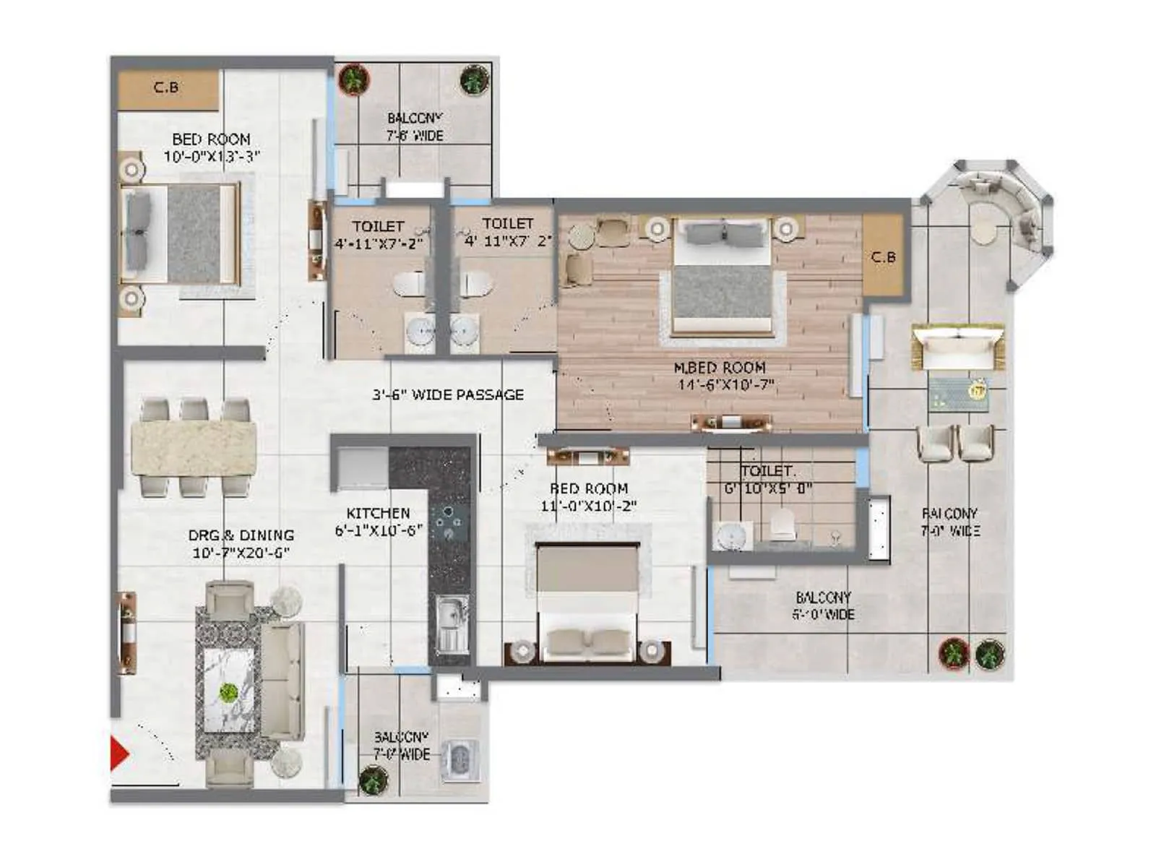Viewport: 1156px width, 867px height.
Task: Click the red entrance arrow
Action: [x=118, y=754]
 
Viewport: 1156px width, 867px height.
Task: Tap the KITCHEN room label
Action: [x=378, y=513]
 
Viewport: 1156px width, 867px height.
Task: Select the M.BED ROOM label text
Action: [x=719, y=368]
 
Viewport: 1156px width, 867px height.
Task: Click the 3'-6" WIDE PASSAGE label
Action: [x=448, y=394]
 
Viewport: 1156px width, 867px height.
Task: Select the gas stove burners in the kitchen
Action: [x=449, y=522]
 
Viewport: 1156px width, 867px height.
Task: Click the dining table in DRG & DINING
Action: [x=194, y=448]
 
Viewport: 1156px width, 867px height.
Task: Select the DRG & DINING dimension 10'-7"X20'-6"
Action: [x=241, y=553]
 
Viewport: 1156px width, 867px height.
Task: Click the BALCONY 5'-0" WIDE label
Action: [x=823, y=605]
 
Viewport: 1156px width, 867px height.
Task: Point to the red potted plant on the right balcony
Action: [x=953, y=655]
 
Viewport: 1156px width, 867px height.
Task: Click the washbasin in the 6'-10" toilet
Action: [x=731, y=536]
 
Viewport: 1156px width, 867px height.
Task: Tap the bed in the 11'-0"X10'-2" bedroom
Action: [x=588, y=600]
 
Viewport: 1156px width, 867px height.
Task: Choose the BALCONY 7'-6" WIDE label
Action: [x=415, y=126]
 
